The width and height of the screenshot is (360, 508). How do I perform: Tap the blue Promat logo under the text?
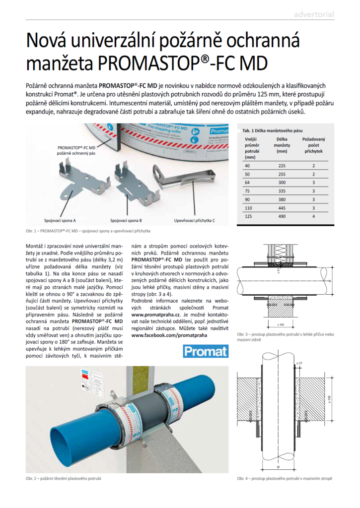206,351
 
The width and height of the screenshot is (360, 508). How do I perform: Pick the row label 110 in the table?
248,208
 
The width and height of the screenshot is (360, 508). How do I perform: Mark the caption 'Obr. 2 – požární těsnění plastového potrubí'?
64,478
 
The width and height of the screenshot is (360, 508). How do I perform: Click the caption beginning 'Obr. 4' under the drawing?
285,478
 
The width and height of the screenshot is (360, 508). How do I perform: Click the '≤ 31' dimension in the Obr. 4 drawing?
299,365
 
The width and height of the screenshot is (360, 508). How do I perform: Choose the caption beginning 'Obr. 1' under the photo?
87,231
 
